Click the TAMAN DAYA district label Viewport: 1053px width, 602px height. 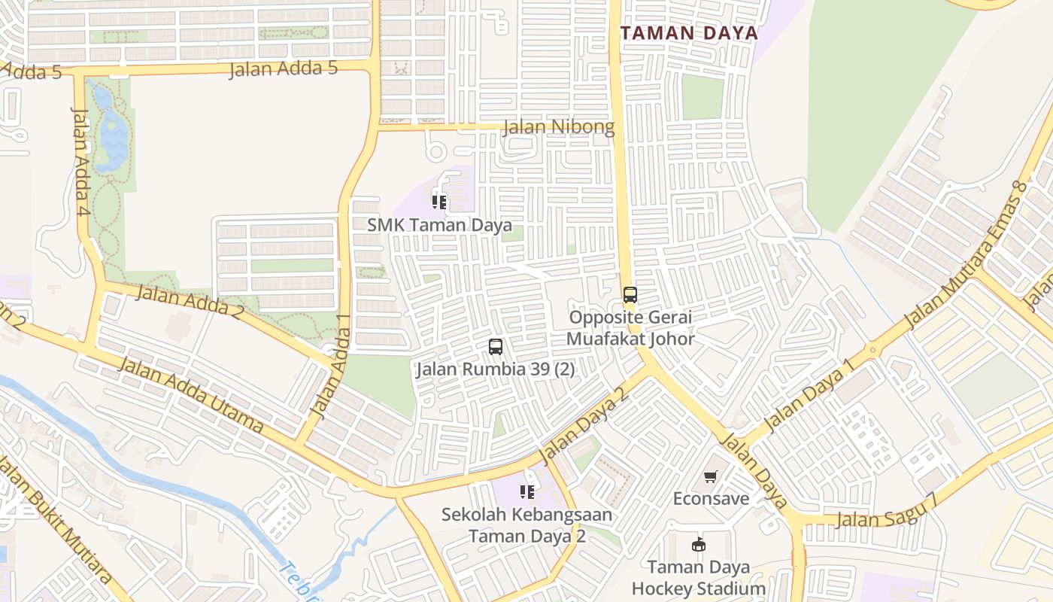[x=689, y=33]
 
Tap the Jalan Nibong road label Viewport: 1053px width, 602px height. [x=558, y=127]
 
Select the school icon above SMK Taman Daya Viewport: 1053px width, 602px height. [x=439, y=202]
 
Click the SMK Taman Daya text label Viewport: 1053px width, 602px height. [x=439, y=225]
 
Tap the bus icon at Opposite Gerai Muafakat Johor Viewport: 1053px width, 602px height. [x=630, y=295]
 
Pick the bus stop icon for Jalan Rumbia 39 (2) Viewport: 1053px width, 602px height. [x=495, y=347]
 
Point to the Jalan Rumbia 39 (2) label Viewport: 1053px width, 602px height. [x=495, y=369]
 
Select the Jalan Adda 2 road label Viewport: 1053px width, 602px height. [x=189, y=302]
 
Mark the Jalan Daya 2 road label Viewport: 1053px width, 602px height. [x=583, y=426]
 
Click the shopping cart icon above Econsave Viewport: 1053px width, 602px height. [x=711, y=477]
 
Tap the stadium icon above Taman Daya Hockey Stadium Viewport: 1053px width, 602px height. [x=698, y=544]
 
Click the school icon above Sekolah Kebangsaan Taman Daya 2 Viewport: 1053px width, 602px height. [x=527, y=492]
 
